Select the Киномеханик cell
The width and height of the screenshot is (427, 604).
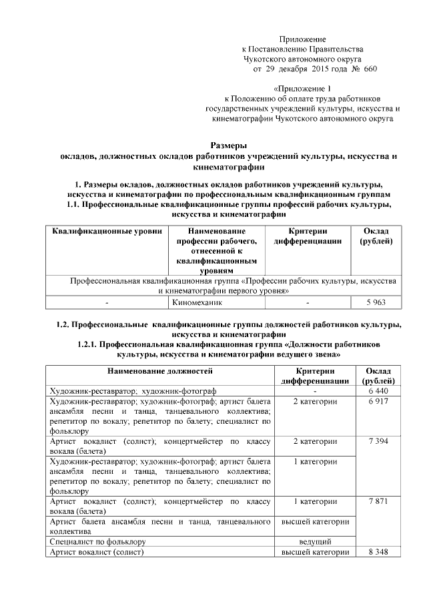click(x=194, y=302)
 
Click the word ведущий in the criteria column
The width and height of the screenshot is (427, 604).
click(x=316, y=541)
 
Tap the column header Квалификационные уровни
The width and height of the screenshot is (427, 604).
click(x=107, y=230)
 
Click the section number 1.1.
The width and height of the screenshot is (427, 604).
click(x=77, y=204)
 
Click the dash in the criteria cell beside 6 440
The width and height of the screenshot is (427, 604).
click(x=315, y=390)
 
